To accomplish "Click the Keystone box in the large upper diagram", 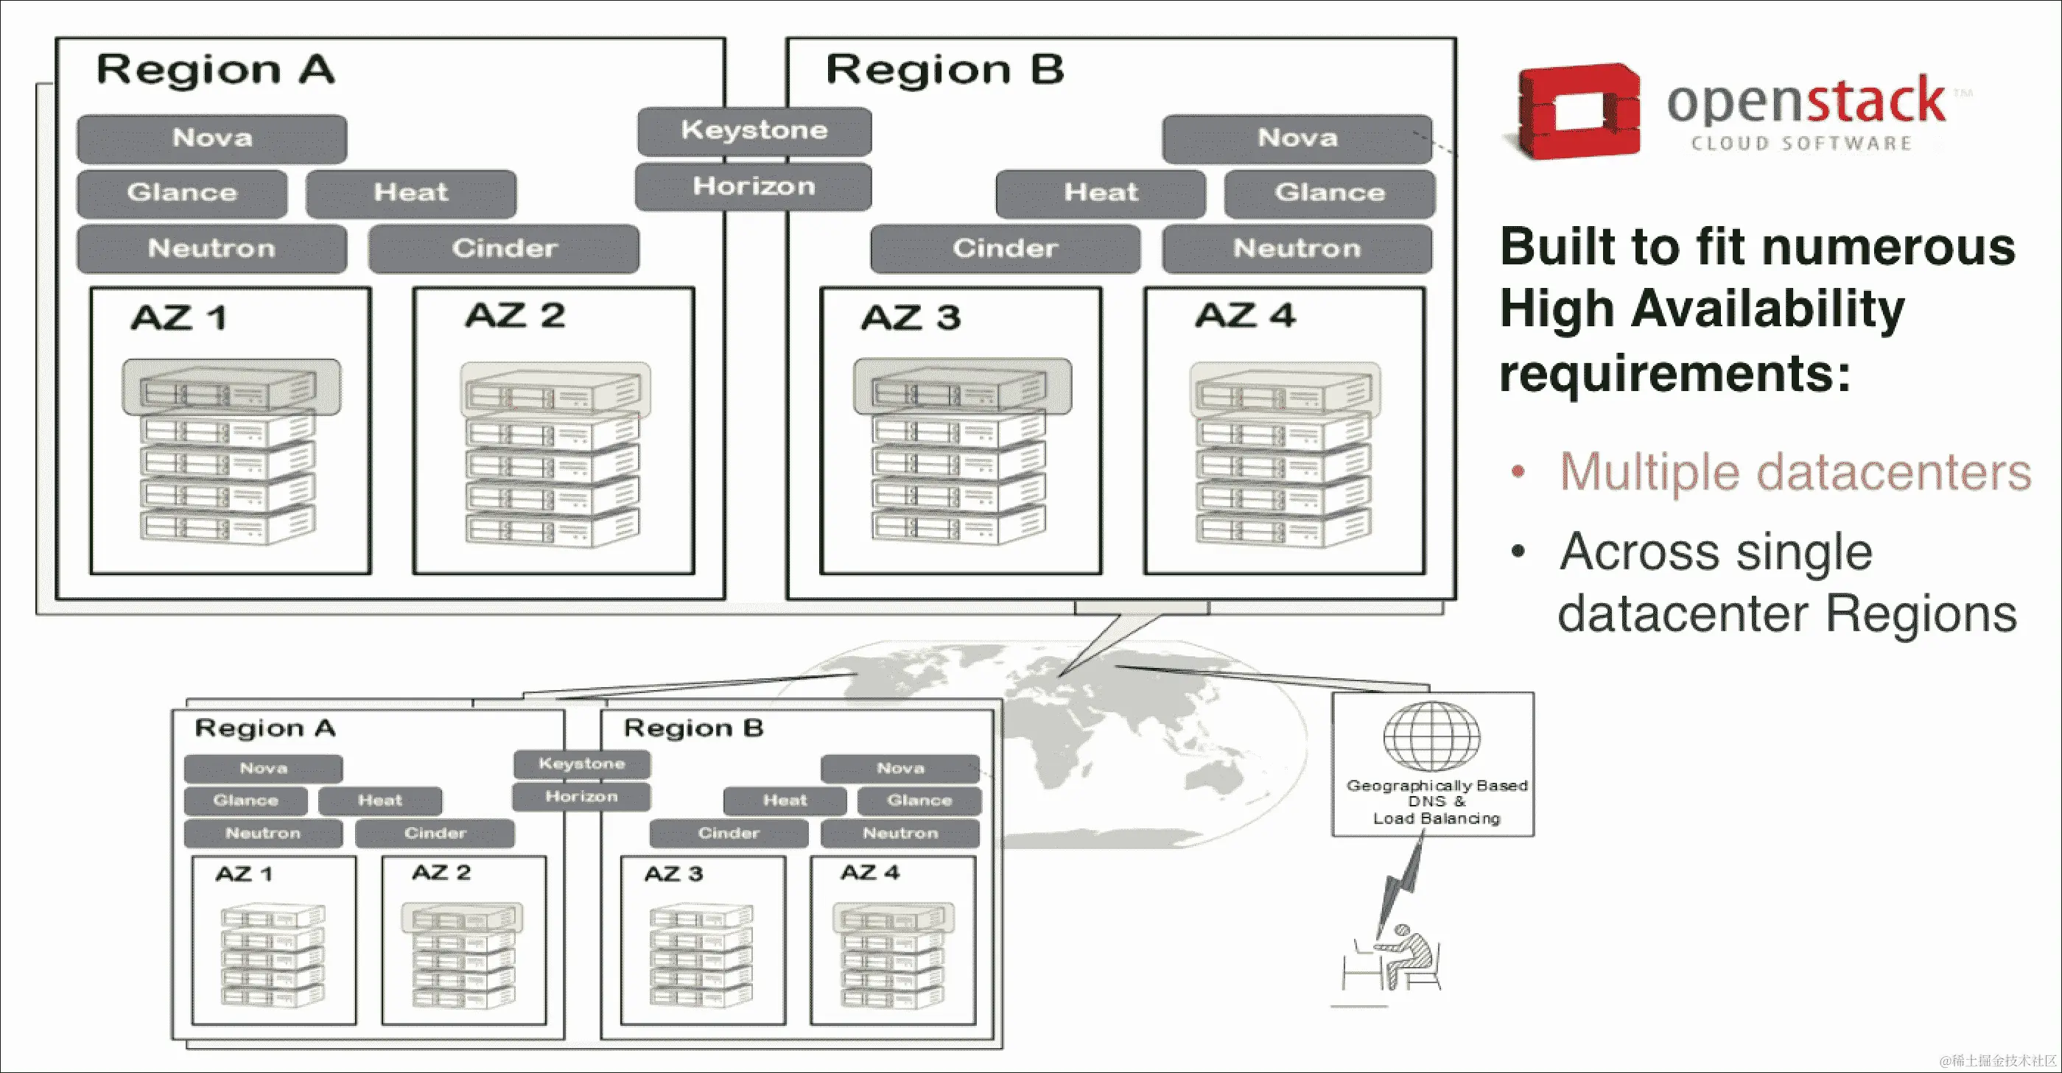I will pyautogui.click(x=754, y=130).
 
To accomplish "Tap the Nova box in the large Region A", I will pyautogui.click(x=212, y=138).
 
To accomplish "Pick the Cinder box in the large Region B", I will pyautogui.click(x=1005, y=249).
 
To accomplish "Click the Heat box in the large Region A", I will pyautogui.click(x=410, y=193).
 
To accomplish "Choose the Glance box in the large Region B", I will pyautogui.click(x=1329, y=193).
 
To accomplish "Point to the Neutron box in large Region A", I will pyautogui.click(x=212, y=249).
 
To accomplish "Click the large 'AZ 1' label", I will pyautogui.click(x=179, y=318).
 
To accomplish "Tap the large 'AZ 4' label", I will pyautogui.click(x=1245, y=316).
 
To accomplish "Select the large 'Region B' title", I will pyautogui.click(x=944, y=70).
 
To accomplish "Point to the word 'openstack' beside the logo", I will pyautogui.click(x=1805, y=102).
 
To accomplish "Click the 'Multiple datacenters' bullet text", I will pyautogui.click(x=1795, y=472).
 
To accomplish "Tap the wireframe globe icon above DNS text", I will pyautogui.click(x=1432, y=737).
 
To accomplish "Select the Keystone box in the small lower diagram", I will pyautogui.click(x=581, y=764).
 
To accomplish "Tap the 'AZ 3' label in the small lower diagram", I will pyautogui.click(x=673, y=873).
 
